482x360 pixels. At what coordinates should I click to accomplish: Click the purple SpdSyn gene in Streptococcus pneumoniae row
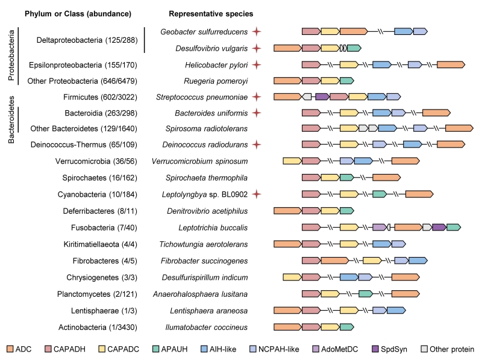click(322, 96)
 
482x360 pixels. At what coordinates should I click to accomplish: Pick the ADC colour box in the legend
click(10, 349)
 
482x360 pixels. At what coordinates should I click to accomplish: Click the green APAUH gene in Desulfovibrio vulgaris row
click(354, 48)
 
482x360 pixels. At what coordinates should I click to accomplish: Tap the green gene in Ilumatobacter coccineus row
click(346, 327)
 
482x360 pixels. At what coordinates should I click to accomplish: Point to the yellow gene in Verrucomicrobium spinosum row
click(292, 161)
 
